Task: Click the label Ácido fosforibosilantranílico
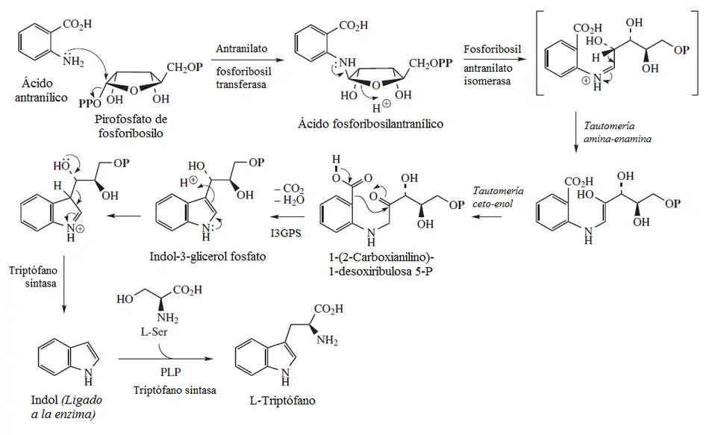(378, 124)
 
